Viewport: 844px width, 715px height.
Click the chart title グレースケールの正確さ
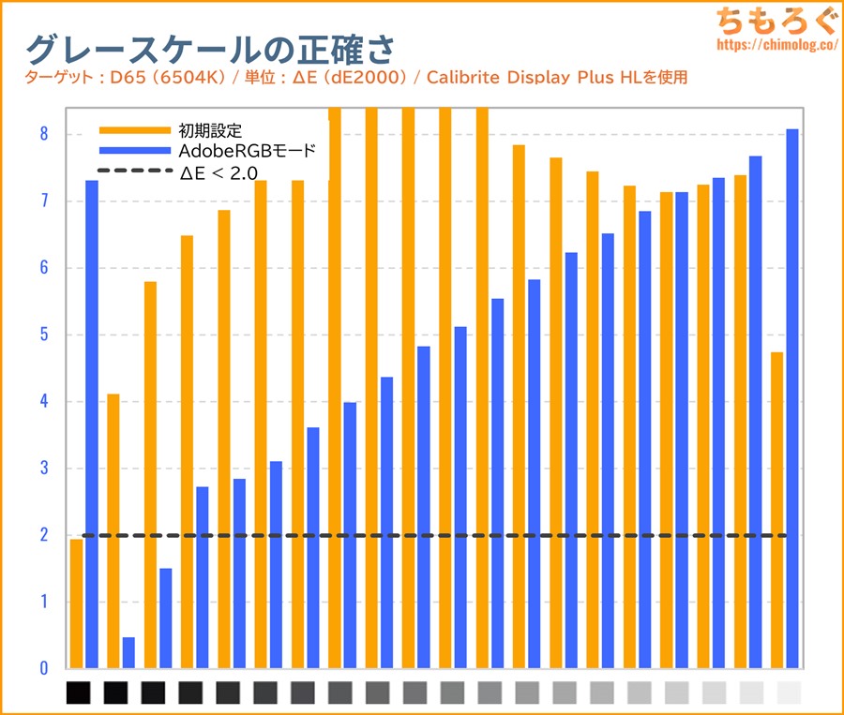(209, 47)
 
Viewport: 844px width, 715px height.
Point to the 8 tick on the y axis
(42, 134)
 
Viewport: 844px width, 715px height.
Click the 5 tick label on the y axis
(42, 335)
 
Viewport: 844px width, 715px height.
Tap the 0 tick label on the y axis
(42, 668)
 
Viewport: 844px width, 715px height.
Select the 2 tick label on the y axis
(42, 535)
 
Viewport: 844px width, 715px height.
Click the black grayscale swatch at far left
(79, 693)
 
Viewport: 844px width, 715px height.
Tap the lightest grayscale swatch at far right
(790, 693)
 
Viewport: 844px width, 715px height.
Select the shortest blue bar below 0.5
(128, 653)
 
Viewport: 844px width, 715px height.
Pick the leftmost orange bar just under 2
(76, 604)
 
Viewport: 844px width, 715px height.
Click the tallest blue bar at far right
(791, 398)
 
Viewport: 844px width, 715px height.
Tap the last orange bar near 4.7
(776, 511)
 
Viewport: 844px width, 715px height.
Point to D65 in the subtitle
(115, 77)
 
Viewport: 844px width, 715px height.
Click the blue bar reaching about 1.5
(166, 618)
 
